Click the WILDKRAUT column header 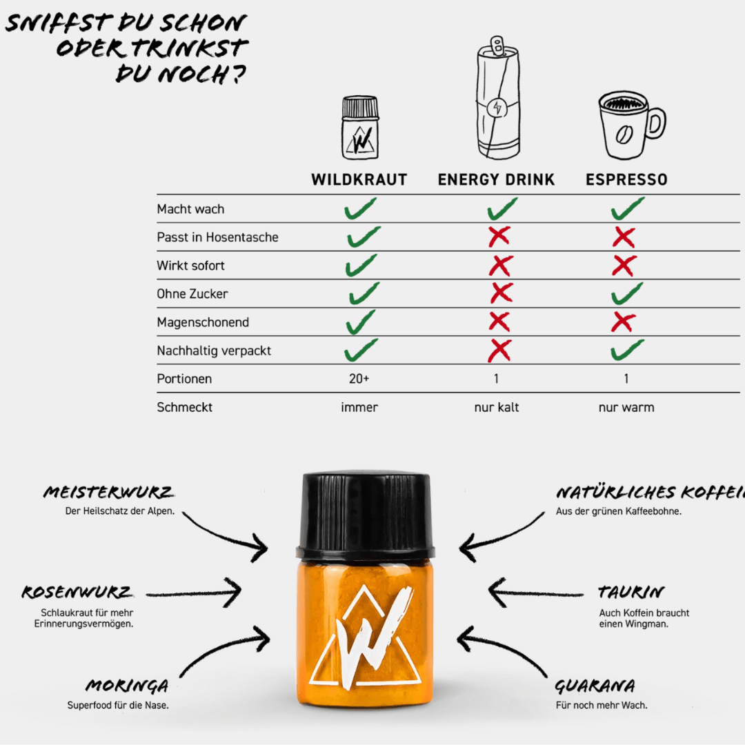[x=359, y=180]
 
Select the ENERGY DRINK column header [x=496, y=180]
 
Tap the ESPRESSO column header [x=626, y=180]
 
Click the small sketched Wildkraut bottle [x=360, y=129]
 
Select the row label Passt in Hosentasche [x=217, y=237]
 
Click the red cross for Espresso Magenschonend [x=624, y=321]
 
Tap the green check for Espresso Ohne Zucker [x=626, y=293]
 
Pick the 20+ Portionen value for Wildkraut [x=359, y=379]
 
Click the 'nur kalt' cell [x=496, y=407]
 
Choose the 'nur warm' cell [x=626, y=407]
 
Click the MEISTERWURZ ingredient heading [x=108, y=493]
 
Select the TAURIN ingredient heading [x=631, y=593]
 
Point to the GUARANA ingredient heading [x=595, y=686]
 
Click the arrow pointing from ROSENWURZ [x=193, y=593]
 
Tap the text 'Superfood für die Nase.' [x=117, y=705]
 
